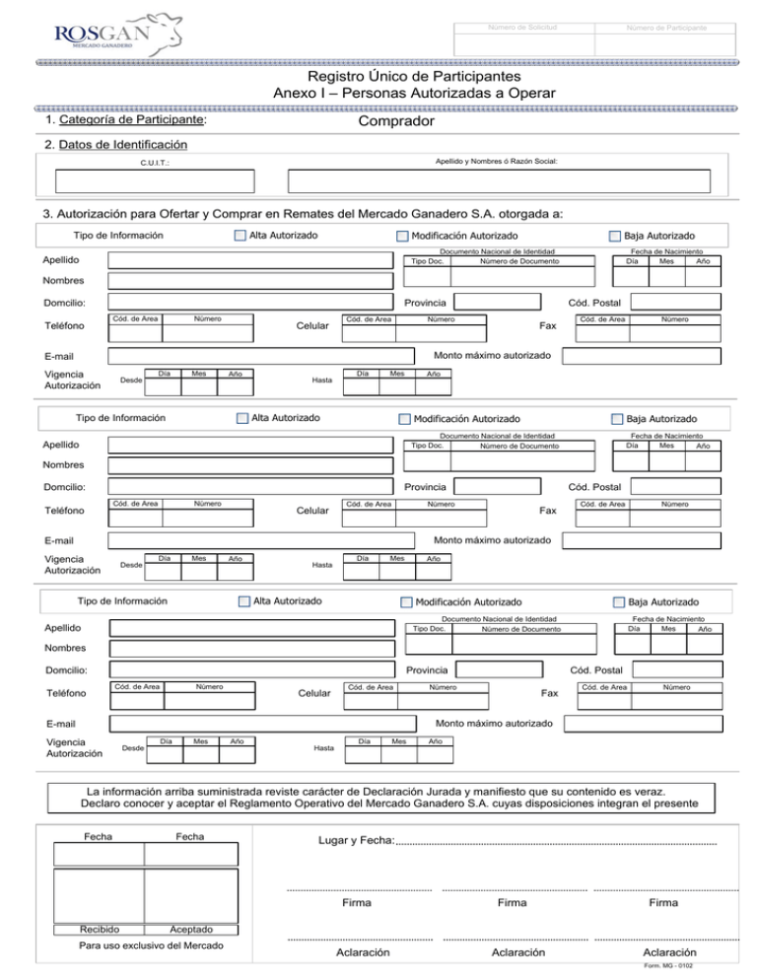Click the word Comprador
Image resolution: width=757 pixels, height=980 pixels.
(x=396, y=121)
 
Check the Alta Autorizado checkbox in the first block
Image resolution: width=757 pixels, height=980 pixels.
(x=240, y=237)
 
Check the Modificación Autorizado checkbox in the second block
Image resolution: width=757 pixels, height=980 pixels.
(x=402, y=419)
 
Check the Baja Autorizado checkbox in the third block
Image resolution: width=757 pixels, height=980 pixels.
(x=619, y=601)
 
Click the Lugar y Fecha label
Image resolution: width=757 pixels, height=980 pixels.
(x=353, y=840)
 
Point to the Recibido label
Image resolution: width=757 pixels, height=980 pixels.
(x=100, y=930)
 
